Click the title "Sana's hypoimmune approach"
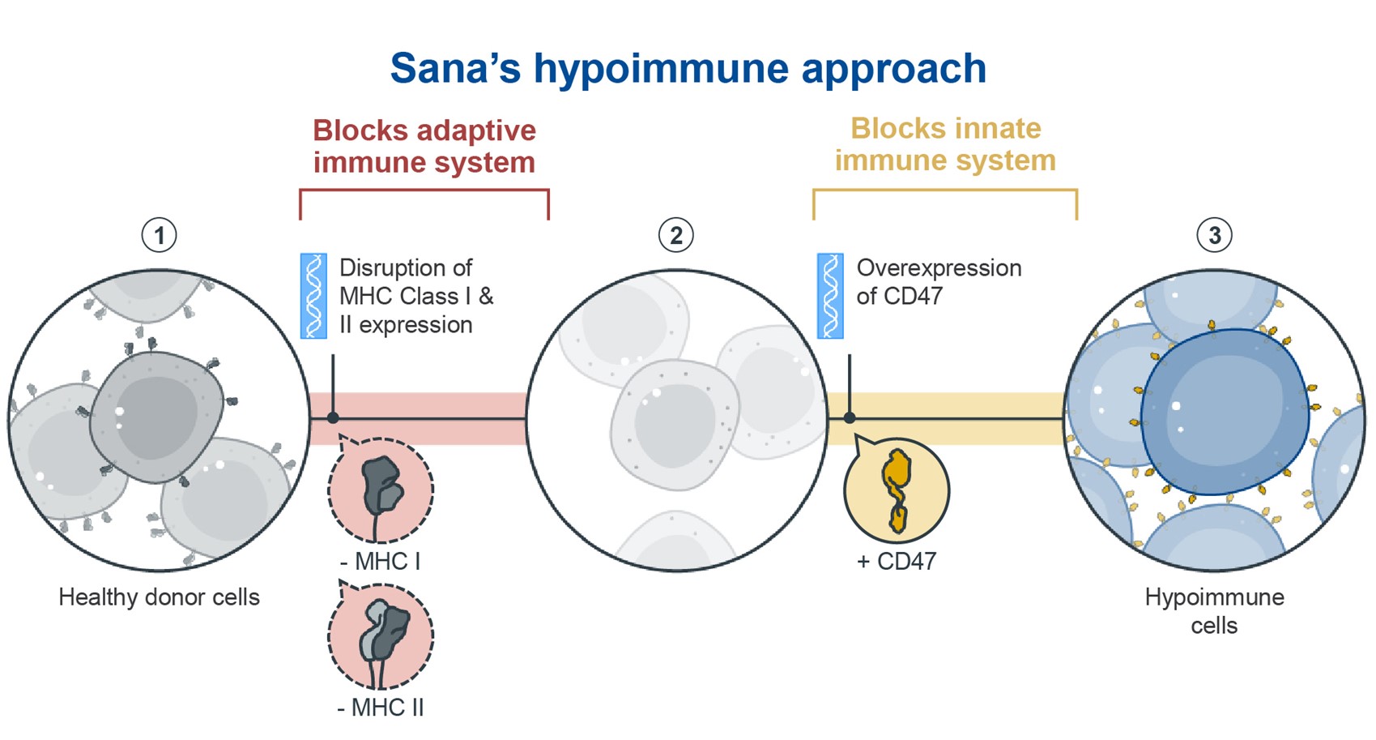(x=688, y=68)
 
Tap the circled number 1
(x=159, y=235)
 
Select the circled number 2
(x=675, y=235)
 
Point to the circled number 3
(x=1214, y=235)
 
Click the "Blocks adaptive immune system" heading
(x=424, y=146)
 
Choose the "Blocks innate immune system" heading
(x=945, y=144)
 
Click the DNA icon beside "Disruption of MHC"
(x=313, y=295)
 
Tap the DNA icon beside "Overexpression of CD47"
(x=830, y=295)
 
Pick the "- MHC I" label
(x=380, y=561)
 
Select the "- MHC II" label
(x=380, y=708)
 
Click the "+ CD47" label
(x=896, y=561)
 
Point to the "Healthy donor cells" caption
(x=159, y=597)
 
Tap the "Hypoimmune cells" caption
(x=1214, y=611)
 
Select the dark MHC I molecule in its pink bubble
(x=381, y=486)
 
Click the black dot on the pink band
(x=333, y=418)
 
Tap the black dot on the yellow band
(x=850, y=418)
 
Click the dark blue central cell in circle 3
(x=1223, y=412)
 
